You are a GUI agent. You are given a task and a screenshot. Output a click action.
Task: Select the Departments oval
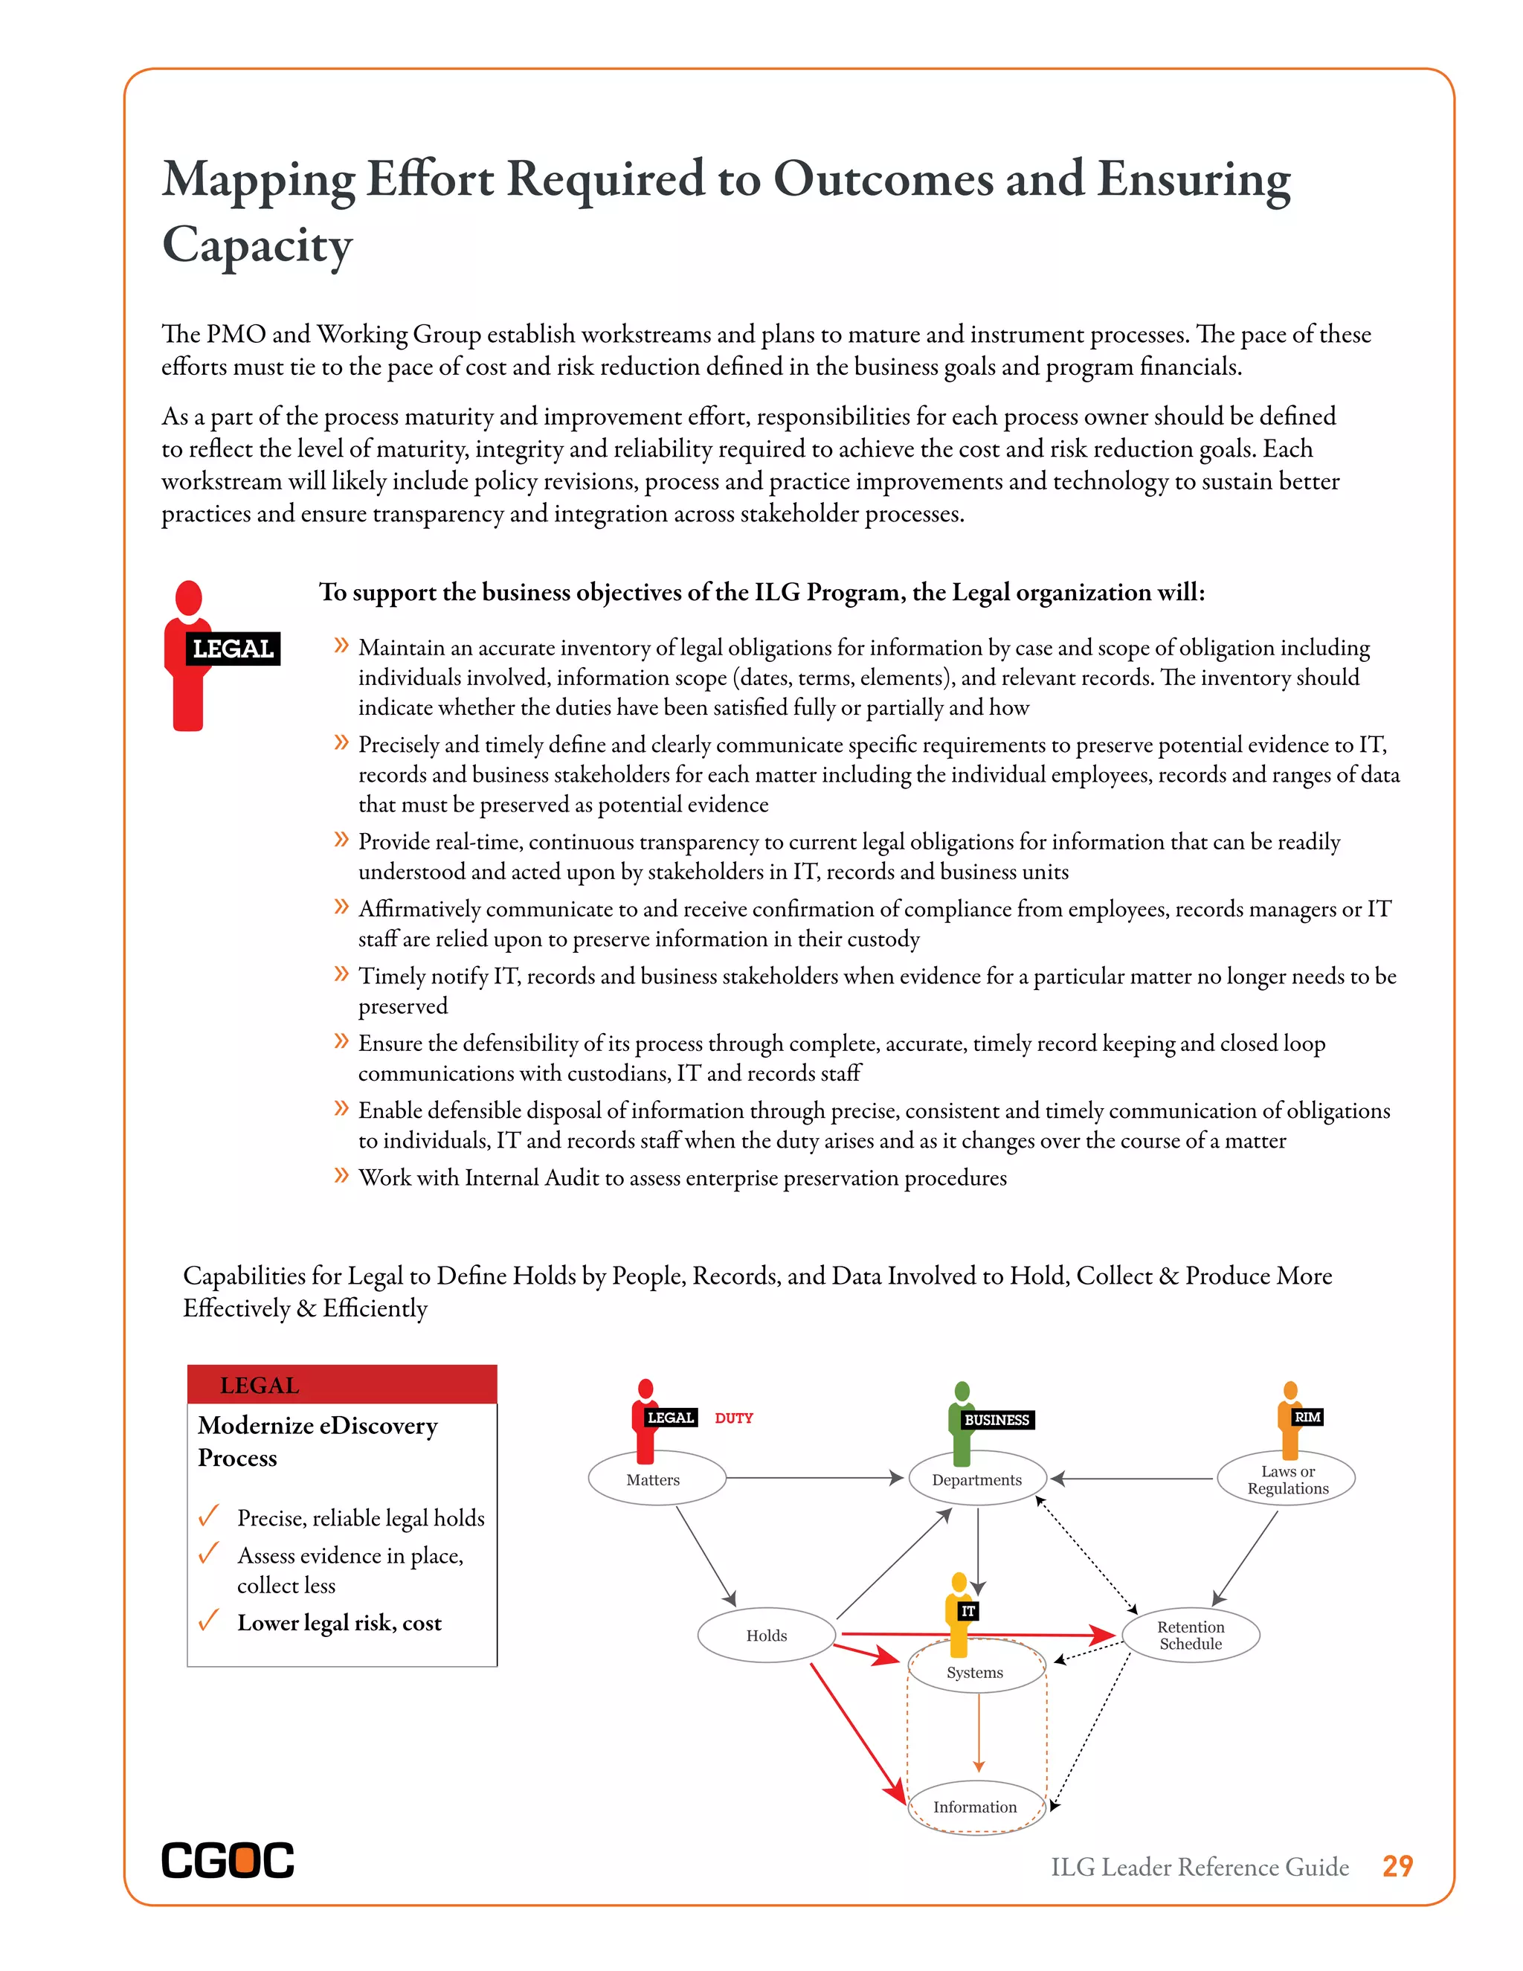(x=976, y=1479)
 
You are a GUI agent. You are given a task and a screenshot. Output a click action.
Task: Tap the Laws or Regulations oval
(x=1287, y=1479)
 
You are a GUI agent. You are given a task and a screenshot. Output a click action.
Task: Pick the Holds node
(x=766, y=1636)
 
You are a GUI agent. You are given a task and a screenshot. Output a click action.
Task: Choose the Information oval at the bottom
(x=974, y=1807)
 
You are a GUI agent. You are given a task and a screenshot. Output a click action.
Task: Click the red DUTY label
(x=733, y=1418)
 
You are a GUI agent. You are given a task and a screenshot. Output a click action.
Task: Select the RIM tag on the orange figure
(x=1307, y=1417)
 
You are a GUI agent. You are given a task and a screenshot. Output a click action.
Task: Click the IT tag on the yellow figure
(x=968, y=1611)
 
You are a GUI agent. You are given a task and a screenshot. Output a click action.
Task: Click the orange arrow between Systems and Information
(x=978, y=1733)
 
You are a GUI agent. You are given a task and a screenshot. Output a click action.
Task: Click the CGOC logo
(x=228, y=1860)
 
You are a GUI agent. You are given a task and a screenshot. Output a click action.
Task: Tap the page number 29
(x=1397, y=1866)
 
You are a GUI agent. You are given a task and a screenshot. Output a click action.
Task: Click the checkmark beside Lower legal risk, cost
(x=208, y=1621)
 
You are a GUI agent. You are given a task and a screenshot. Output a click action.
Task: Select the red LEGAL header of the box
(x=342, y=1384)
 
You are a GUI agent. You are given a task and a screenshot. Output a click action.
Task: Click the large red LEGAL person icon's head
(x=189, y=597)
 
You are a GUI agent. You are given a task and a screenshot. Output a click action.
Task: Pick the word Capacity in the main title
(x=257, y=245)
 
